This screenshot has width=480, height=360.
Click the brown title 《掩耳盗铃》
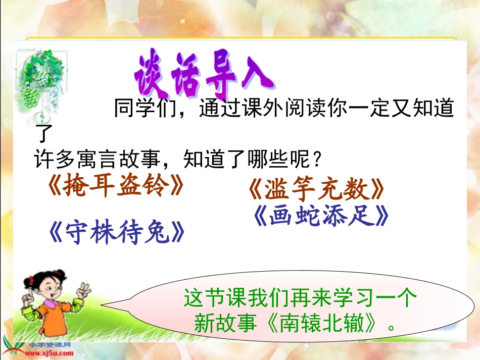point(115,187)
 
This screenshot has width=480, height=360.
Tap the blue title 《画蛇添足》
point(321,217)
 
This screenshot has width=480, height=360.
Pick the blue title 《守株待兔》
point(116,233)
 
